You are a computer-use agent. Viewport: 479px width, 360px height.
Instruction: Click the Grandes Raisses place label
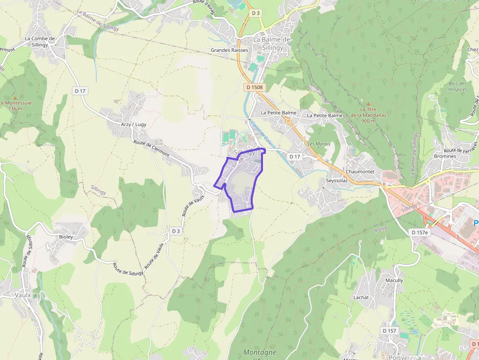point(229,50)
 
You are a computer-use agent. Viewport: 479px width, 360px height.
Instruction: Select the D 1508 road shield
point(255,87)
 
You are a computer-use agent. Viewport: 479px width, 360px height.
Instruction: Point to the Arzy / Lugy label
point(133,125)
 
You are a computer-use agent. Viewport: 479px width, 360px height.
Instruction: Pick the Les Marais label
point(319,144)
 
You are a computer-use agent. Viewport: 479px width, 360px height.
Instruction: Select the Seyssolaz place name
point(336,180)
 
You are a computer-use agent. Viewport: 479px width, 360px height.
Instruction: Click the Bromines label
point(445,156)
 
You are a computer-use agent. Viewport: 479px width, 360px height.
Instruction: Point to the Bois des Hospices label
point(457,86)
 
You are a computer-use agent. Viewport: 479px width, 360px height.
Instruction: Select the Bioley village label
point(66,237)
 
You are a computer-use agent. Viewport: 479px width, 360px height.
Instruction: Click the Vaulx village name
point(22,295)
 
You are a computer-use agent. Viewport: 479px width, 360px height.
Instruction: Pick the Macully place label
point(394,280)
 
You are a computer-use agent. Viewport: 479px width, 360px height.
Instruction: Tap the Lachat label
point(361,297)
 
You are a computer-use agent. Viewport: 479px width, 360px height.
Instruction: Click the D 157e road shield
point(419,232)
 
